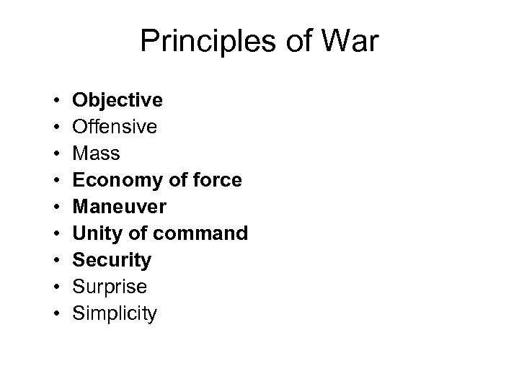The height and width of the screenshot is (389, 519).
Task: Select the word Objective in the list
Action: [117, 99]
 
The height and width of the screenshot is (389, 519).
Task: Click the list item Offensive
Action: [114, 126]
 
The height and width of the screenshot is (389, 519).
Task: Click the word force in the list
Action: [218, 180]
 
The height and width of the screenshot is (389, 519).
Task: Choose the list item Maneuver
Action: [119, 207]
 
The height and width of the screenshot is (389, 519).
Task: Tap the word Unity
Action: [93, 233]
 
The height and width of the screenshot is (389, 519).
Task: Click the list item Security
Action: [112, 260]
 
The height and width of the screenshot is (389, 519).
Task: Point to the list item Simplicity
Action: [114, 314]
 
